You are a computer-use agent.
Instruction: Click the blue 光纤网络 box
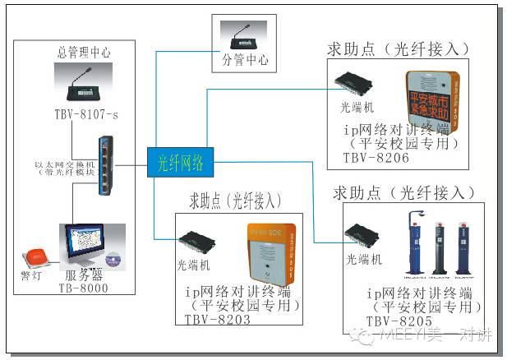(180, 163)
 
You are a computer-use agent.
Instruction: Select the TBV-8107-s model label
(85, 115)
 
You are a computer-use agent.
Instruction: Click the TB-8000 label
(84, 288)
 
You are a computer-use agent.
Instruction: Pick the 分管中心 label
(246, 60)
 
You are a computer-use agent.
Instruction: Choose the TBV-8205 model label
(399, 320)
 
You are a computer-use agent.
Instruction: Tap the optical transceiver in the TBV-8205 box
(363, 237)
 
